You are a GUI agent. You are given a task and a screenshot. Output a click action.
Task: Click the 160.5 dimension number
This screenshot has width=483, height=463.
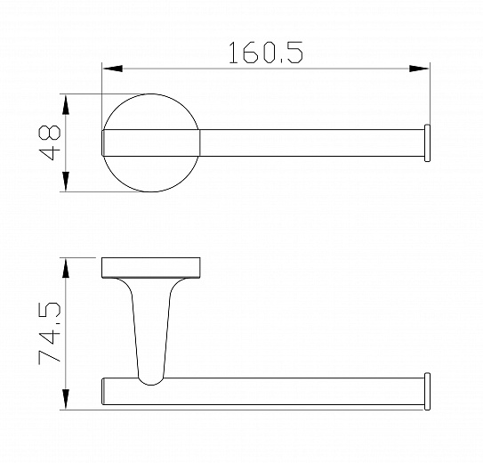pyautogui.click(x=266, y=53)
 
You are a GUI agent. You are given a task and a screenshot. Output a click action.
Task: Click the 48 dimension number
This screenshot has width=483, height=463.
pyautogui.click(x=50, y=142)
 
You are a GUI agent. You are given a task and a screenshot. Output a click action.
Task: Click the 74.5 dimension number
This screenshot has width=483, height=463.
pyautogui.click(x=50, y=333)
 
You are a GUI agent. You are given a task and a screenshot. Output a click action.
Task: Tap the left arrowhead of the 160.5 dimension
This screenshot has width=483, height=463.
pyautogui.click(x=112, y=69)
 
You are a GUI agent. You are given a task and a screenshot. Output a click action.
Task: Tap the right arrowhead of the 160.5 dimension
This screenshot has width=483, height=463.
pyautogui.click(x=419, y=69)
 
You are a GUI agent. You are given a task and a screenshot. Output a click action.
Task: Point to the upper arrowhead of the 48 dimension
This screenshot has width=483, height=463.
pyautogui.click(x=66, y=105)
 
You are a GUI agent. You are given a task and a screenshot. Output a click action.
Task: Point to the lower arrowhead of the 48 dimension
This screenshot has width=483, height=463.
pyautogui.click(x=66, y=182)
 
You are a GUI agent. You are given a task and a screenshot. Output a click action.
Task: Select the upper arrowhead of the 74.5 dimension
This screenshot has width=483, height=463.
pyautogui.click(x=66, y=269)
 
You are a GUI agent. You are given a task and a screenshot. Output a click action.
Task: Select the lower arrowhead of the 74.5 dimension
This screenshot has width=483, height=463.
pyautogui.click(x=66, y=399)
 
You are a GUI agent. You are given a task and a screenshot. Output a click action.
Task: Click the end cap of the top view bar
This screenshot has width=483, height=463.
pyautogui.click(x=427, y=143)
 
